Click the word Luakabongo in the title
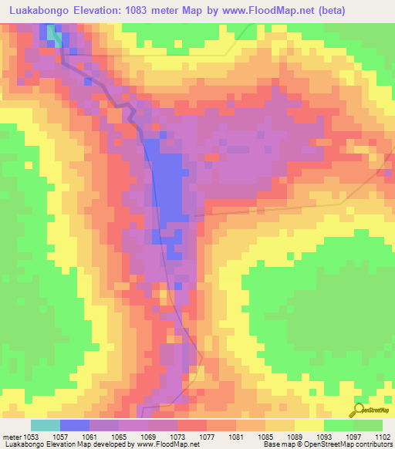pyautogui.click(x=40, y=10)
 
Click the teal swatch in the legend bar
pyautogui.click(x=46, y=425)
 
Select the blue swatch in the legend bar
pyautogui.click(x=75, y=425)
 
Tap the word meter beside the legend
pyautogui.click(x=11, y=437)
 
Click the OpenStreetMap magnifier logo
pyautogui.click(x=358, y=410)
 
